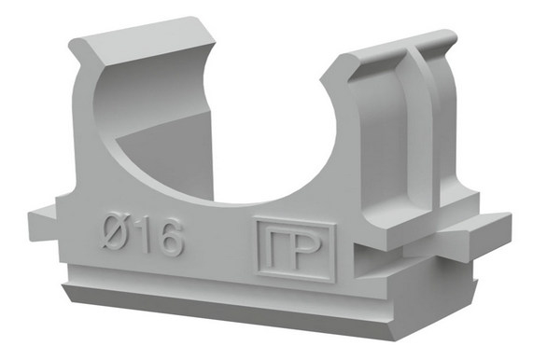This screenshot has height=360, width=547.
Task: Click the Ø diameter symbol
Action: (115, 231)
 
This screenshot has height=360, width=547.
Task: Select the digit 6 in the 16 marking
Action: (170, 238)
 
